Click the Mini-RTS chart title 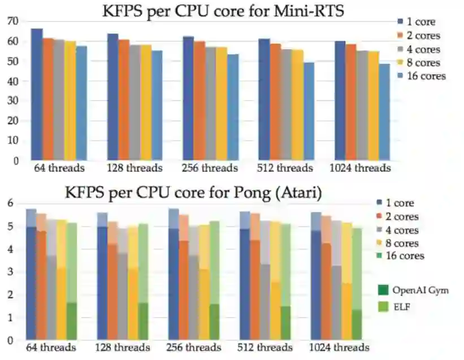223,11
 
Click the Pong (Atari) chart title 193,193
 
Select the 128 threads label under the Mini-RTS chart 135,168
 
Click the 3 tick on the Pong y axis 10,272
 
